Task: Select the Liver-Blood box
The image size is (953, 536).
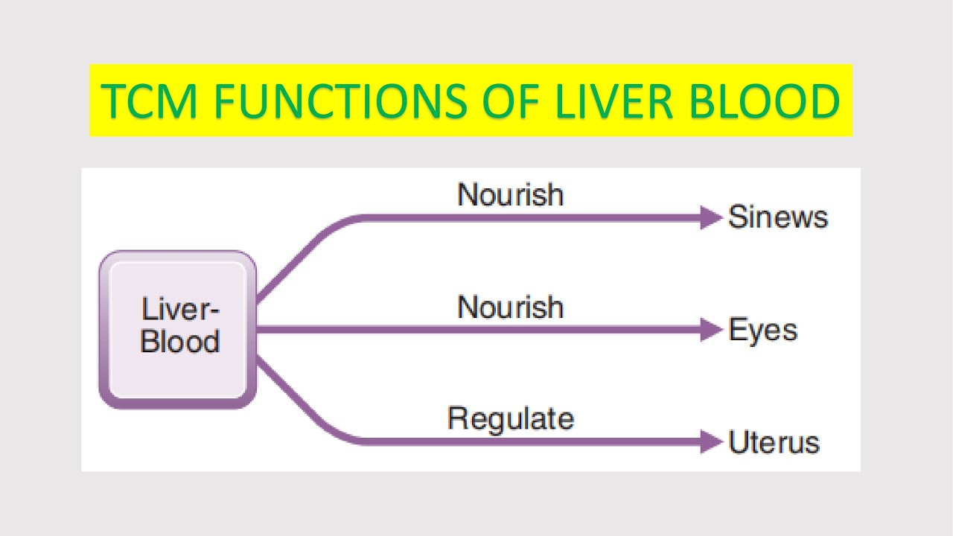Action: [178, 329]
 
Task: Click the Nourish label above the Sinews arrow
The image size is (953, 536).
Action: [510, 195]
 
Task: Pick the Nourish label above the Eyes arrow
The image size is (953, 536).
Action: [510, 307]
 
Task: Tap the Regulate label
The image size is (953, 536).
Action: [510, 418]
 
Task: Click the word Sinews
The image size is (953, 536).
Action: [778, 217]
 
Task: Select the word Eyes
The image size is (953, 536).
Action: [763, 330]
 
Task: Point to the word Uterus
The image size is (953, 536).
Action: [774, 442]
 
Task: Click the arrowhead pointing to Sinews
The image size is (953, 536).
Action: [711, 218]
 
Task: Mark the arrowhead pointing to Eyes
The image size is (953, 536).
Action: [711, 330]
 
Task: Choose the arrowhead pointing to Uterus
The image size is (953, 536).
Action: [711, 441]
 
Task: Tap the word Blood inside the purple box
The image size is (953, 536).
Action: [180, 342]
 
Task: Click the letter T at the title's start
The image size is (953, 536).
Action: [112, 101]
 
